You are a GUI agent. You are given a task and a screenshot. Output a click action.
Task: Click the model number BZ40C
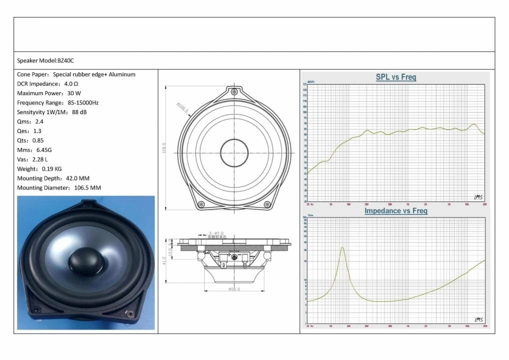click(x=65, y=60)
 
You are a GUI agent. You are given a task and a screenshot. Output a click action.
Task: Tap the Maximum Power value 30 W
click(x=73, y=93)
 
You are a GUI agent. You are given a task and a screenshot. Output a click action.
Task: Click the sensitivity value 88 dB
click(x=79, y=112)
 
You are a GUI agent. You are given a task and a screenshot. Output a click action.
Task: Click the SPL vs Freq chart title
click(x=395, y=77)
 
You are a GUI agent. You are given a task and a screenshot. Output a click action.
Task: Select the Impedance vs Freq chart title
click(x=395, y=211)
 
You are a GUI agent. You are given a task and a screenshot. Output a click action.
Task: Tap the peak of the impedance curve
click(x=342, y=247)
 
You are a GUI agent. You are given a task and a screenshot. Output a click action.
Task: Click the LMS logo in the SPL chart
click(x=478, y=196)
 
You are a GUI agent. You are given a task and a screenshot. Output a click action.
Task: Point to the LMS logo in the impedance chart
click(x=478, y=319)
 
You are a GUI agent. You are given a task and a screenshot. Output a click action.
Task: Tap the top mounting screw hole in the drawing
click(x=233, y=91)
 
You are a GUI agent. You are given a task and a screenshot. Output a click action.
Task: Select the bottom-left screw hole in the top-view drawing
click(x=201, y=204)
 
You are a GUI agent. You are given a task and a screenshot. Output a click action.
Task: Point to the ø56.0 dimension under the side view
click(x=234, y=289)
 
